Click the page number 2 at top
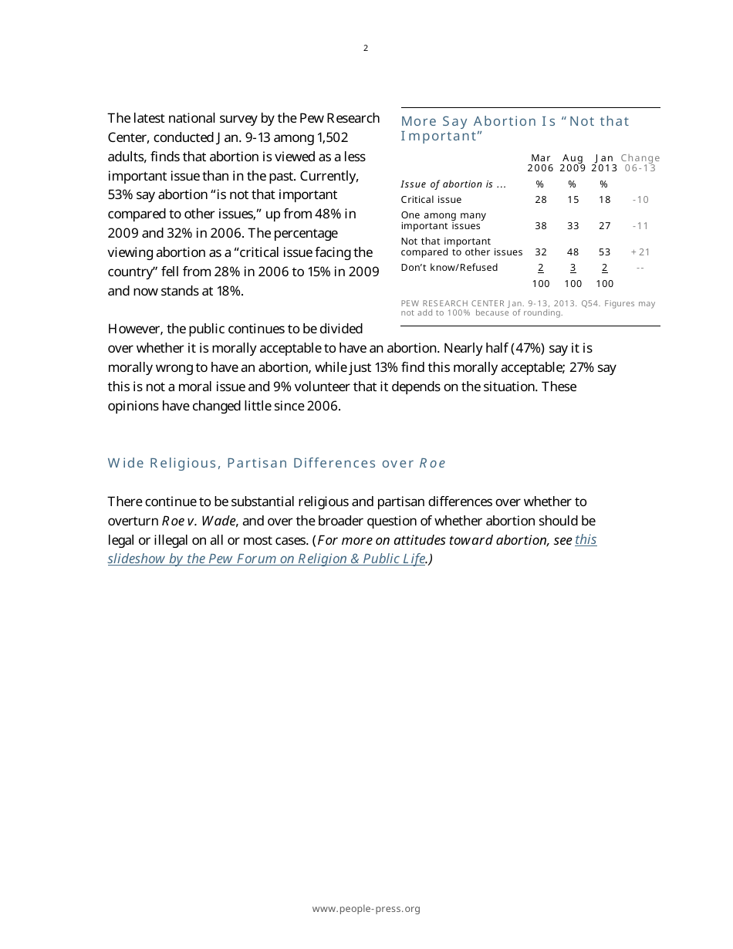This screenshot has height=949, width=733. coord(366,48)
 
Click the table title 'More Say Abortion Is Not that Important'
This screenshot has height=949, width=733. coord(515,129)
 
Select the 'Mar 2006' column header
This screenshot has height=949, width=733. coord(541,163)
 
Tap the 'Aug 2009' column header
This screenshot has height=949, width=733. coord(573,163)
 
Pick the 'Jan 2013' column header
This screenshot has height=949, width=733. coord(604,163)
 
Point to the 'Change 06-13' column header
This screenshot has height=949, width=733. coord(640,163)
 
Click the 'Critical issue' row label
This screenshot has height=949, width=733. coord(431,200)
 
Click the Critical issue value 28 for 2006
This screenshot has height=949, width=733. coord(541,200)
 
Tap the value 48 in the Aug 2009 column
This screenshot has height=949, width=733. coord(573,252)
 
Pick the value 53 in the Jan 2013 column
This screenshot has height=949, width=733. coord(604,252)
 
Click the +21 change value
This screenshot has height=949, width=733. coord(640,252)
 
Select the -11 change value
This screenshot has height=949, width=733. coord(640,226)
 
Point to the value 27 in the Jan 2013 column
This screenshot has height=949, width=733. coord(604,226)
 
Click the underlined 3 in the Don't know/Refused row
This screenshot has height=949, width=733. coord(573,268)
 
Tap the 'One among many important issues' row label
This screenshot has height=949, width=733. coord(443,221)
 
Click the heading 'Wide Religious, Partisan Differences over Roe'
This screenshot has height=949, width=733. coord(276,463)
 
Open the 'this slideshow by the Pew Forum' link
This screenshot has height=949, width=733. coord(267,559)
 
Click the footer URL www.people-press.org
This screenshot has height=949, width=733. coord(366,909)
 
